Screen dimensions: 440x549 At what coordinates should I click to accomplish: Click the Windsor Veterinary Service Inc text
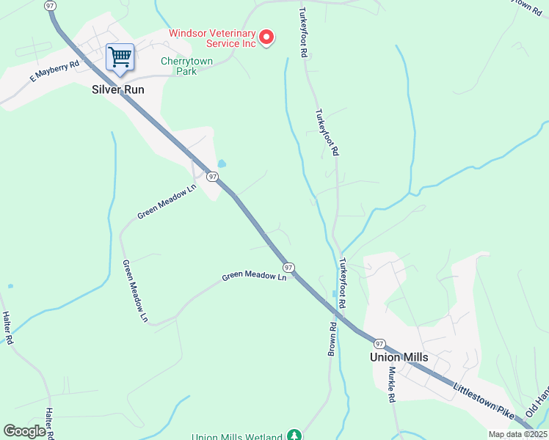[x=212, y=38]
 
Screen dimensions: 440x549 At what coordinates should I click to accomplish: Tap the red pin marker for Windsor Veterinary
[x=267, y=37]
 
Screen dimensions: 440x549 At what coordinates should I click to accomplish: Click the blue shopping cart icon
[x=120, y=56]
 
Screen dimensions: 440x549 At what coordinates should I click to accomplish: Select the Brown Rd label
[x=332, y=340]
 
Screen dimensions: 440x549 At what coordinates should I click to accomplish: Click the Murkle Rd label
[x=392, y=384]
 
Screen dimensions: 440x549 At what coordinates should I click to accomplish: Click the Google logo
[x=24, y=430]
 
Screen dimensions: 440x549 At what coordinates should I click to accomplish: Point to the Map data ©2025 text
[x=517, y=434]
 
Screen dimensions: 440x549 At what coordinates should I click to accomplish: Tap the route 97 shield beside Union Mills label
[x=379, y=343]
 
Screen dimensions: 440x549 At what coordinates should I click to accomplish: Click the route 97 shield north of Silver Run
[x=50, y=5]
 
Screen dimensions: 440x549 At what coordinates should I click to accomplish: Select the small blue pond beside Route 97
[x=222, y=164]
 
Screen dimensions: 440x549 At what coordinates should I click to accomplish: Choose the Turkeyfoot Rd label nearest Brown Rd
[x=342, y=282]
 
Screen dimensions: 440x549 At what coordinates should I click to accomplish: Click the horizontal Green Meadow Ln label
[x=254, y=276]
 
